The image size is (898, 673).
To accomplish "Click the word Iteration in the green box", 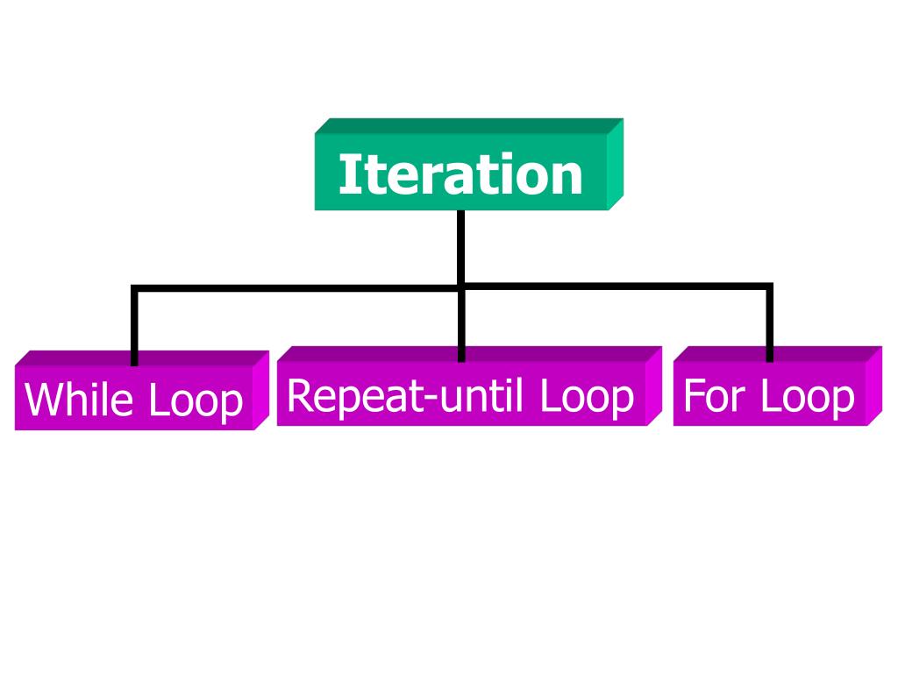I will pos(460,174).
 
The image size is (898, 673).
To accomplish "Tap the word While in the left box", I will pos(80,400).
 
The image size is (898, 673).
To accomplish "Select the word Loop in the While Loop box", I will pos(195,400).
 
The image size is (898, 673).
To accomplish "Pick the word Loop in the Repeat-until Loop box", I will pos(586,396).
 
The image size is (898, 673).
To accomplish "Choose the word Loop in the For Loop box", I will pos(807,396).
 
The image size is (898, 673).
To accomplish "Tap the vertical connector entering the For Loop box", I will pos(769,324).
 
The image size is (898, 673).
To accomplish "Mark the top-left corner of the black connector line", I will pos(135,287).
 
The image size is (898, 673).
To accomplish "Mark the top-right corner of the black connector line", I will pos(769,287).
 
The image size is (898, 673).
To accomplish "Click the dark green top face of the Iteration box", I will pos(469,125).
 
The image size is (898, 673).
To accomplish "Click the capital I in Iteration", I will pos(345,174).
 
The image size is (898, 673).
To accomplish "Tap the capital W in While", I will pos(43,400).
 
